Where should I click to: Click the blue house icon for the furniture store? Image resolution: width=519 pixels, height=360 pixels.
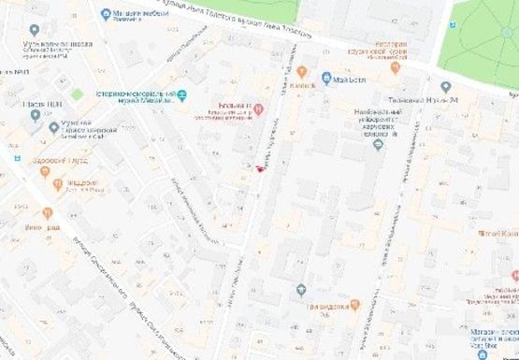(x=106, y=14)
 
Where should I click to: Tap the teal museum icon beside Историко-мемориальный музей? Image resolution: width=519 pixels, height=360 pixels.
(x=183, y=94)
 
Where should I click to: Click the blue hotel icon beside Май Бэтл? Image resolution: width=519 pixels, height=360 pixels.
(x=325, y=79)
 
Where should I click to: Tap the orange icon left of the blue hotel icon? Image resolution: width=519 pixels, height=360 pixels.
(x=302, y=71)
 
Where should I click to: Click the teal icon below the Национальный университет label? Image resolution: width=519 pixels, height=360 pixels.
(x=378, y=143)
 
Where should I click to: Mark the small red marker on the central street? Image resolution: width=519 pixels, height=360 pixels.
(x=259, y=168)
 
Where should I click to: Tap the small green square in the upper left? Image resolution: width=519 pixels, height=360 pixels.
(x=77, y=94)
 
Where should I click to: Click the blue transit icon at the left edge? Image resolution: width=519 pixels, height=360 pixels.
(x=16, y=157)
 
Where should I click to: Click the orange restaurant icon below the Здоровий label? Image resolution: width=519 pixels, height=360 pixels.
(x=57, y=184)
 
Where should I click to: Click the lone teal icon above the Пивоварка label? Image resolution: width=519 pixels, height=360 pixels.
(x=301, y=289)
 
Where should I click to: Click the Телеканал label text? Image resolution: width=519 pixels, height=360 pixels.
(x=425, y=100)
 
